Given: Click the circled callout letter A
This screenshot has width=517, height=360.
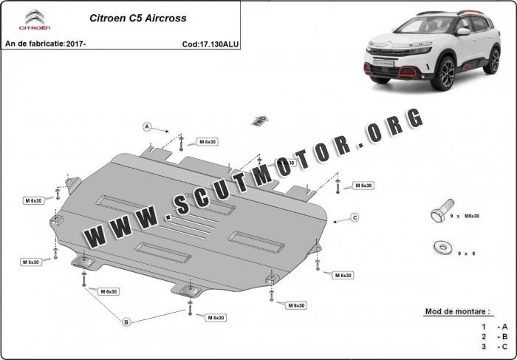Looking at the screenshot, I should tap(147, 127).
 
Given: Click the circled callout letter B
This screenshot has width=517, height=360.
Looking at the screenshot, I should tap(126, 322).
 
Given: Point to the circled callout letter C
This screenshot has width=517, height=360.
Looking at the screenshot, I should tap(355, 217).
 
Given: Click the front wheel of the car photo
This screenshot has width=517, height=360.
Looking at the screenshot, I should tap(446, 74).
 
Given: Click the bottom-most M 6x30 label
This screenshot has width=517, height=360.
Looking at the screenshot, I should tap(216, 317).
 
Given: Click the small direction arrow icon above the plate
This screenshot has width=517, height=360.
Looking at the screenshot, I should tap(259, 119).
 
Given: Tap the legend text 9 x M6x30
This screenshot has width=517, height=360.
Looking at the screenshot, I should tap(465, 216).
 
